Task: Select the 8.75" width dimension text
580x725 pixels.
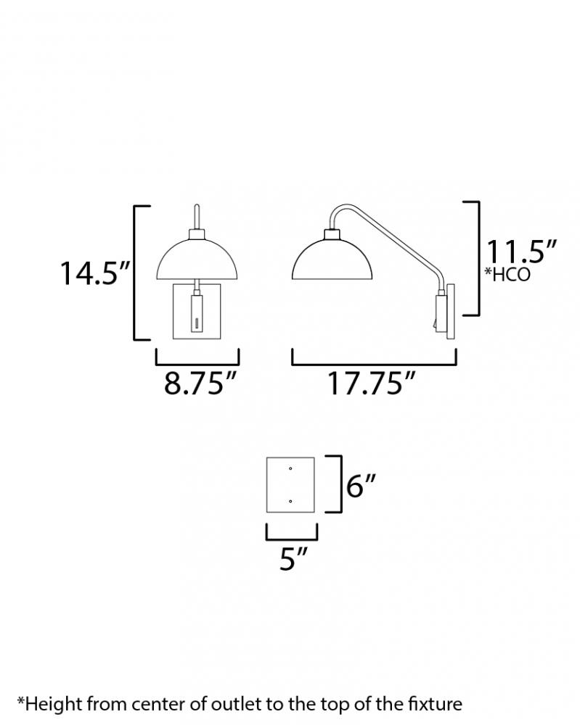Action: point(200,383)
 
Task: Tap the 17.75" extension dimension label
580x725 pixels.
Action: point(372,383)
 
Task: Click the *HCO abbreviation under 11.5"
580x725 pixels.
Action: point(507,274)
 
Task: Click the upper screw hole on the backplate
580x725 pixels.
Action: point(290,469)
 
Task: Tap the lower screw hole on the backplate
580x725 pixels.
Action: point(290,501)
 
